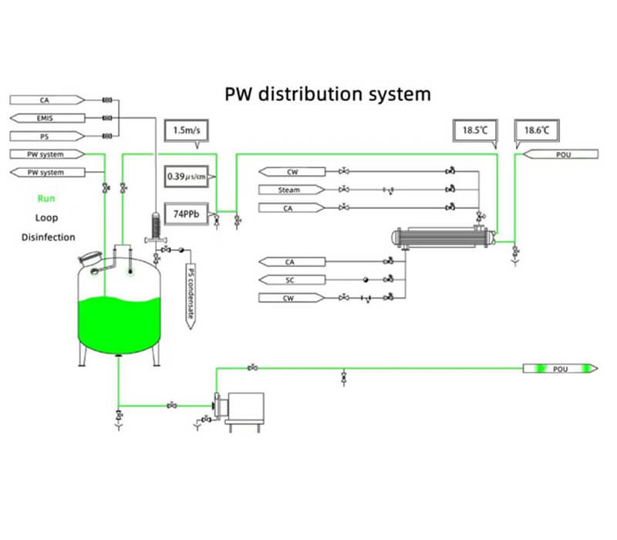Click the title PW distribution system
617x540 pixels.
click(x=327, y=94)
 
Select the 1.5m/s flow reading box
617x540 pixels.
click(x=187, y=130)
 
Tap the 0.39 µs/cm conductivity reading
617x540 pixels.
click(x=187, y=177)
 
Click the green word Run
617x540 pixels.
click(x=46, y=198)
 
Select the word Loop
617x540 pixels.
click(x=46, y=218)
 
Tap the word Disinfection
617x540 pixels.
click(x=48, y=237)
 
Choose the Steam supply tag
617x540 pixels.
click(x=290, y=190)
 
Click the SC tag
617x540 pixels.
click(x=290, y=279)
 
